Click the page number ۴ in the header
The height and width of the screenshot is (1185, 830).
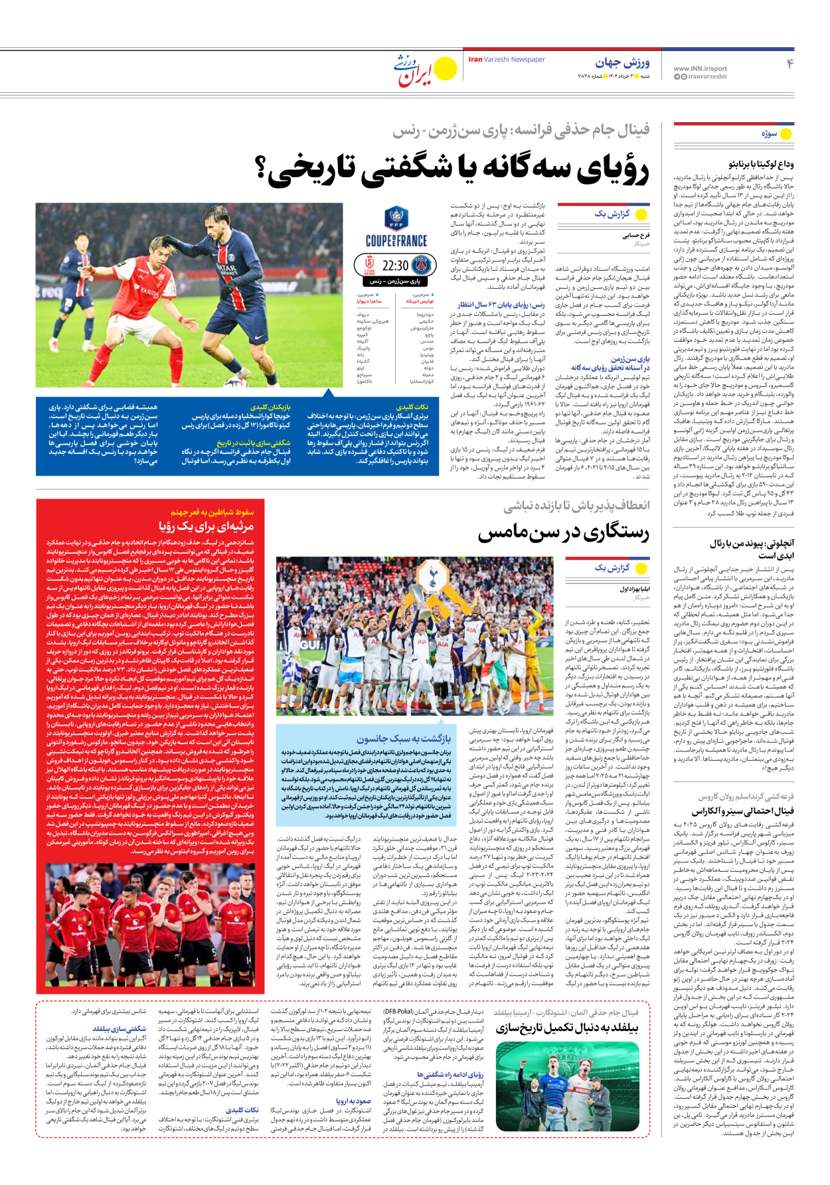coord(789,64)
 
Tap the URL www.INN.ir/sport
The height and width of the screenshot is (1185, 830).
coord(699,68)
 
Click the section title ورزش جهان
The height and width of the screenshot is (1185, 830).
coord(622,63)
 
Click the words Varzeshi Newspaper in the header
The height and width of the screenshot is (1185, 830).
coord(514,60)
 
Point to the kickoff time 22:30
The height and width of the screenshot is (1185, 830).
coord(395,266)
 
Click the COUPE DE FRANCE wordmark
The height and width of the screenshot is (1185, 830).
coord(396,240)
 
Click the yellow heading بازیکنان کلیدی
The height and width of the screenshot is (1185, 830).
coord(270,406)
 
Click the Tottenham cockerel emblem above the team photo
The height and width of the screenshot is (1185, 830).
coord(433,573)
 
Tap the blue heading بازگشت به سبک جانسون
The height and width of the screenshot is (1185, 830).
coord(403,738)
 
